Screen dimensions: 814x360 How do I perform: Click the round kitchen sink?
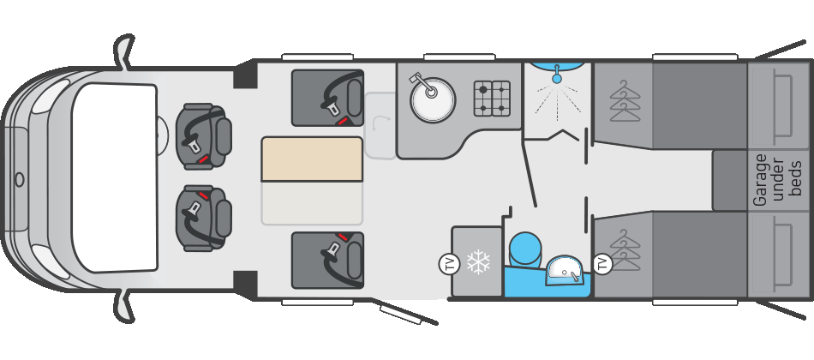pos(433,99)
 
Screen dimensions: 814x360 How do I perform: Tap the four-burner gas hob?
pos(492,99)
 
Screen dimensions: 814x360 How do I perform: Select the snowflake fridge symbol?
pos(478,261)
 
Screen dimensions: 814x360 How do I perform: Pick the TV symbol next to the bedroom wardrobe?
pos(602,263)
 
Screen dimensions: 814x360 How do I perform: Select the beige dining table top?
pos(312,159)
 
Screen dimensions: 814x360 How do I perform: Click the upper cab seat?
pos(203,135)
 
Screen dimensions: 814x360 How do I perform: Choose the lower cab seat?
pos(203,219)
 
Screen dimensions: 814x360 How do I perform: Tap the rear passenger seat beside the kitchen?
pos(327,99)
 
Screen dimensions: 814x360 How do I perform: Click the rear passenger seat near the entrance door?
pos(327,261)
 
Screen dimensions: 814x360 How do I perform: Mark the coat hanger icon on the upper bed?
pos(625,101)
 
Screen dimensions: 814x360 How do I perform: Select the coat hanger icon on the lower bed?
pos(625,250)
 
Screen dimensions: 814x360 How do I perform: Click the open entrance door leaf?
pos(408,315)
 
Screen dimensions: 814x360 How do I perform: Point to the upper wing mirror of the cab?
pos(123,52)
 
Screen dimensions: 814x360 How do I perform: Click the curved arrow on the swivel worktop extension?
pos(380,124)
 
